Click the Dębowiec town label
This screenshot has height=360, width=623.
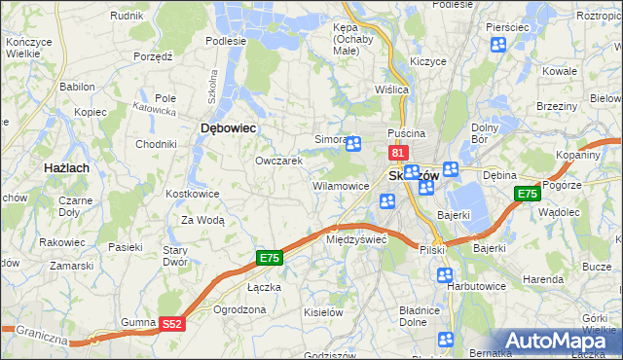[228, 127]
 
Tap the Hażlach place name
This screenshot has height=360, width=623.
[68, 168]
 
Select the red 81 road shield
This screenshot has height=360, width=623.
[397, 154]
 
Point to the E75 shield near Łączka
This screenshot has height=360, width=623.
[270, 257]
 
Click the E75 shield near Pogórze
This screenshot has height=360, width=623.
[527, 195]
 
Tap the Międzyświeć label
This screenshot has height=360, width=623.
[356, 238]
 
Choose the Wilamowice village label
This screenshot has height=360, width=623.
[340, 185]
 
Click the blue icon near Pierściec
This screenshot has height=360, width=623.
[498, 45]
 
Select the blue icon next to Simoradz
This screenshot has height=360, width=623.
[353, 144]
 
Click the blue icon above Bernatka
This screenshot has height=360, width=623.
[446, 340]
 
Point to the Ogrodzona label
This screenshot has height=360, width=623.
[238, 309]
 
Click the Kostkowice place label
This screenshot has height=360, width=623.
[192, 194]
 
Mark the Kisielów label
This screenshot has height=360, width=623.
[324, 312]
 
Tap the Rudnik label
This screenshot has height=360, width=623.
[127, 17]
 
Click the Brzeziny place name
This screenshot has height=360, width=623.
[557, 105]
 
